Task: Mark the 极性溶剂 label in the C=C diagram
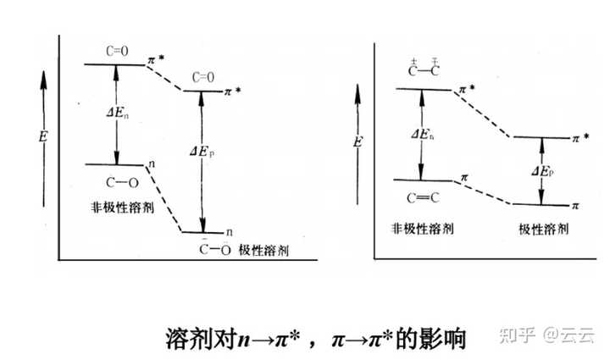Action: [542, 229]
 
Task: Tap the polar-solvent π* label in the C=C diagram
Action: [579, 137]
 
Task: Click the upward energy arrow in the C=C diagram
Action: [358, 136]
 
